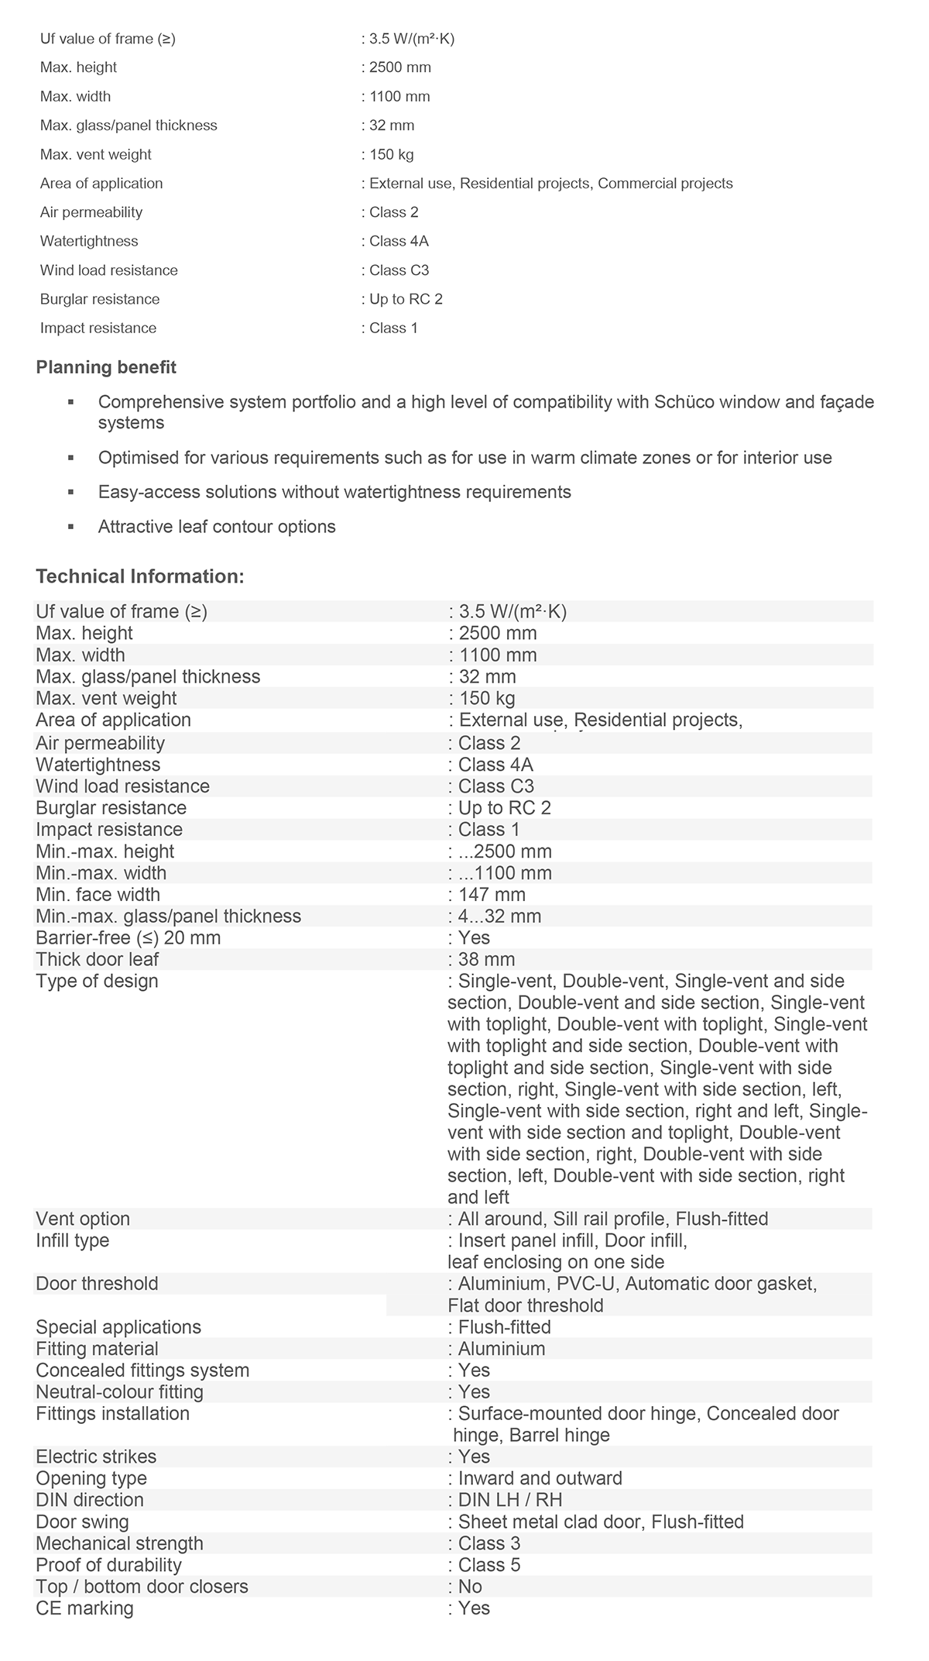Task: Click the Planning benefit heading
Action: point(106,367)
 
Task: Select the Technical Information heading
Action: point(140,576)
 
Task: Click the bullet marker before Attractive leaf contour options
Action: point(71,527)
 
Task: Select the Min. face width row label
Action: point(98,895)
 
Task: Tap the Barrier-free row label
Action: point(129,938)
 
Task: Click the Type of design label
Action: point(97,982)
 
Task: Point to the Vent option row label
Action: point(83,1219)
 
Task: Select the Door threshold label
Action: point(97,1284)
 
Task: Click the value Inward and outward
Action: point(540,1478)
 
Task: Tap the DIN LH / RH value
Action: point(510,1500)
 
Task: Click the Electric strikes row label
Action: point(96,1456)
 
